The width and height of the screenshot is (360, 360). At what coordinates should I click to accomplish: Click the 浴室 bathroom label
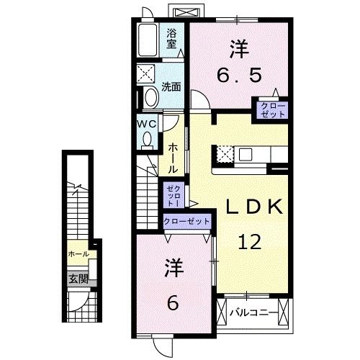(172, 37)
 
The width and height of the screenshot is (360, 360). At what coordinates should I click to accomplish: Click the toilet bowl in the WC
(148, 141)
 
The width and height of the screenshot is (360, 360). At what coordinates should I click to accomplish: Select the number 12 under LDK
(251, 243)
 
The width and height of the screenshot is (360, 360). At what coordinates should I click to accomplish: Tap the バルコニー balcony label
(251, 313)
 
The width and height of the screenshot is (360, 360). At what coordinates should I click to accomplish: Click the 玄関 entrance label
(78, 279)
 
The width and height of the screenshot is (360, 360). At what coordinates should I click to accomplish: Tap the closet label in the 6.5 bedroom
(273, 110)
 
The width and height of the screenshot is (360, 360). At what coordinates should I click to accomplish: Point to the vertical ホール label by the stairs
(173, 156)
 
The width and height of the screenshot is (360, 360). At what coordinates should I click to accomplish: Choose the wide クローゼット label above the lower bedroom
(187, 221)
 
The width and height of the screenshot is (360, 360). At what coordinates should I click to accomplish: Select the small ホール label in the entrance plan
(78, 254)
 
